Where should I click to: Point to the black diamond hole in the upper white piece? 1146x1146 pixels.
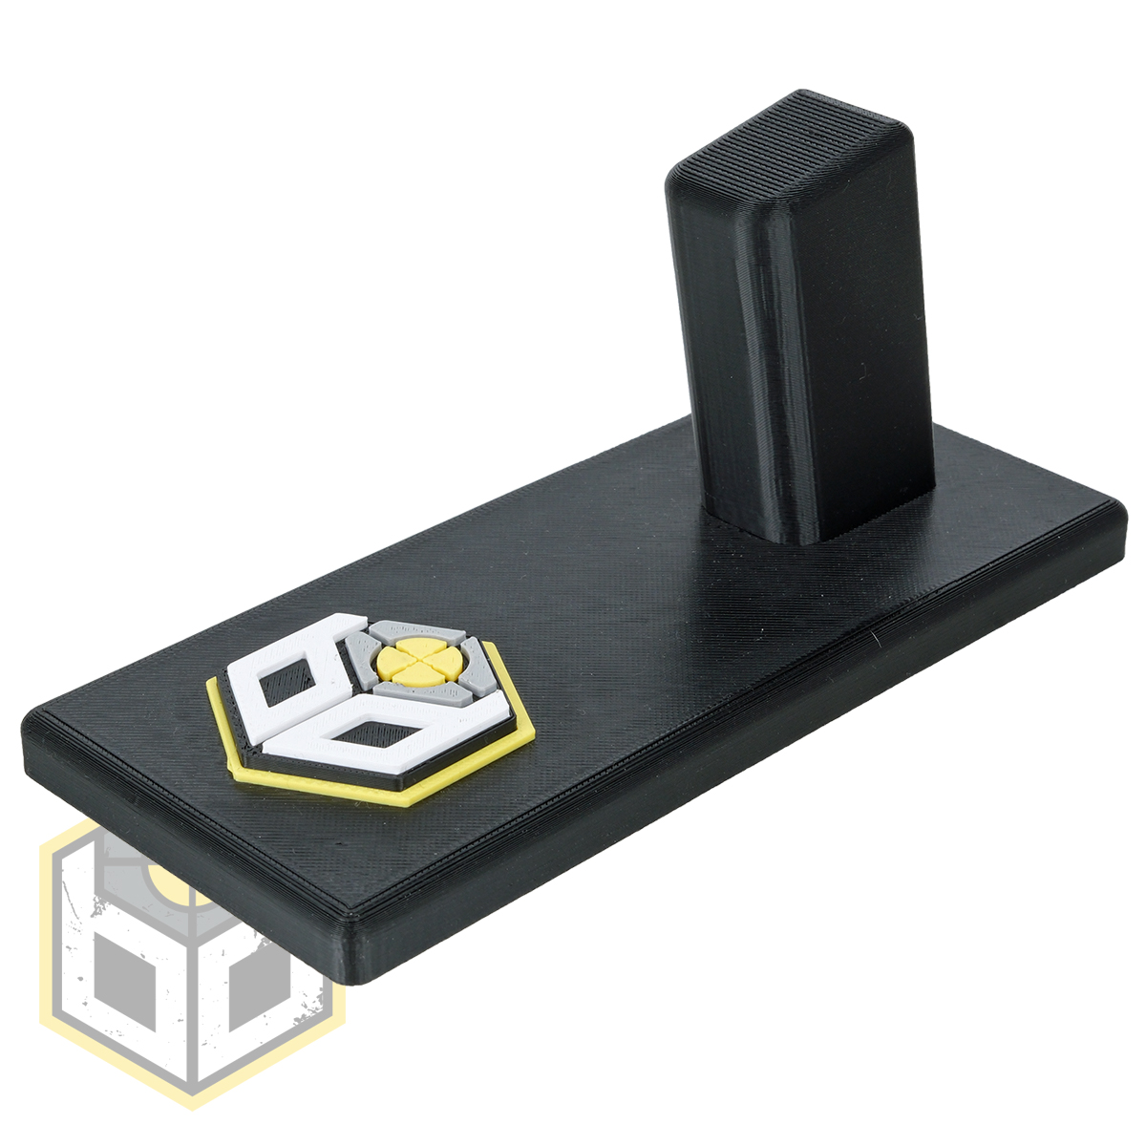286,680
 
